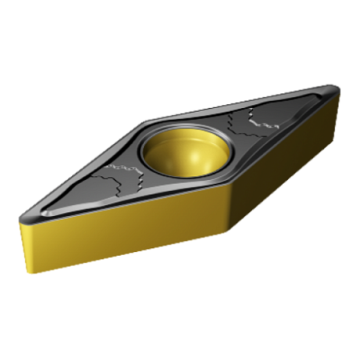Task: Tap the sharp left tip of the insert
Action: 20,220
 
